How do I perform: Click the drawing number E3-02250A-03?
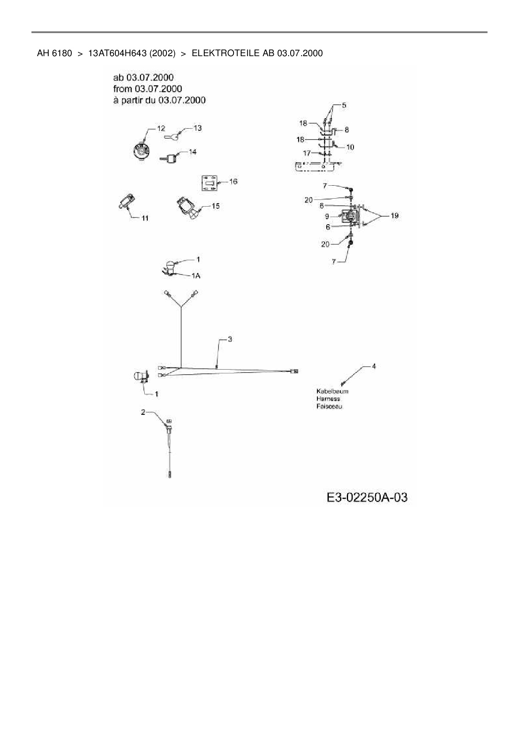(367, 497)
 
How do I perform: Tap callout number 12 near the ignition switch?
(161, 128)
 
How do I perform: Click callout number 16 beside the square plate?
(233, 181)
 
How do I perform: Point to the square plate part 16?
(209, 184)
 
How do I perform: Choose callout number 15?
(215, 206)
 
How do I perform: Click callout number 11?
(144, 218)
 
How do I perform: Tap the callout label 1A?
(196, 276)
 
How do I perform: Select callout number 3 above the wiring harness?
(230, 339)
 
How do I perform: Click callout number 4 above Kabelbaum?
(374, 366)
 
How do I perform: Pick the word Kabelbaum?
(332, 391)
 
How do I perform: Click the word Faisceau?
(329, 406)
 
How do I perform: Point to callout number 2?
(143, 412)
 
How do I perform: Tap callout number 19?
(394, 216)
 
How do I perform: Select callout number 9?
(327, 217)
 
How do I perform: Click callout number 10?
(350, 147)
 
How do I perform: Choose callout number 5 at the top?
(344, 105)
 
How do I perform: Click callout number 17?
(307, 153)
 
